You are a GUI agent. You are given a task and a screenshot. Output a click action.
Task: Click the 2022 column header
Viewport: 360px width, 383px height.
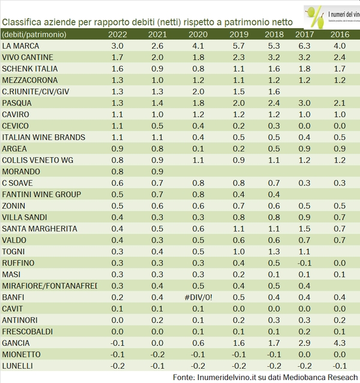118,34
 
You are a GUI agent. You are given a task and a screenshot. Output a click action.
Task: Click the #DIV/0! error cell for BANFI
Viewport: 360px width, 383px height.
198,297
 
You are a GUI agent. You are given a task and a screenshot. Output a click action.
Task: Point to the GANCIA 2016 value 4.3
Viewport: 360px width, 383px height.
340,343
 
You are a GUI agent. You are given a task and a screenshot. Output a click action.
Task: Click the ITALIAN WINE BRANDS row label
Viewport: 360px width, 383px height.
44,137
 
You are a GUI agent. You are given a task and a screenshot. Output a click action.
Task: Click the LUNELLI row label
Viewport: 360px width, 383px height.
18,366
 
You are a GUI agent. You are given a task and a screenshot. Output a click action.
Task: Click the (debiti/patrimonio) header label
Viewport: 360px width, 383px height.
34,34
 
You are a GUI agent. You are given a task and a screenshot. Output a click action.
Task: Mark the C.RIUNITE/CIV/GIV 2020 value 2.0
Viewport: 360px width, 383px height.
198,91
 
